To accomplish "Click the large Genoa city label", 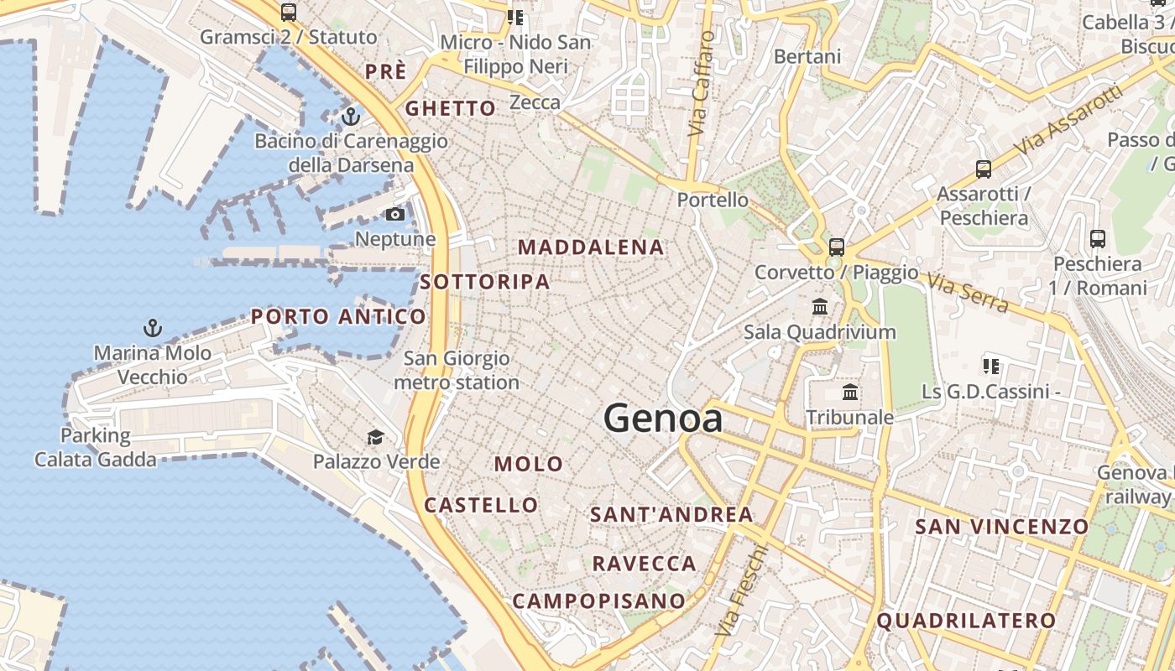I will click(662, 418).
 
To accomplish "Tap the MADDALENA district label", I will click(591, 247).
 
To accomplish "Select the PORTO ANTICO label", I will click(338, 316).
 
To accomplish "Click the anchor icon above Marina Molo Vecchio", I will click(153, 327).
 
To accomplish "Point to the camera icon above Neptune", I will click(395, 214).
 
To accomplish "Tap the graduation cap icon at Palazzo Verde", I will click(375, 437).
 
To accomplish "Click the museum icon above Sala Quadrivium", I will click(820, 307).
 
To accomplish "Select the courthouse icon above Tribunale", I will click(850, 392).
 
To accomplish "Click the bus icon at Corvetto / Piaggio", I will click(836, 247).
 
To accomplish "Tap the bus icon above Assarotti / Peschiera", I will click(983, 169).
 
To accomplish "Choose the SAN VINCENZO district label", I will click(1001, 527).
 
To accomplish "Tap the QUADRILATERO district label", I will click(966, 621).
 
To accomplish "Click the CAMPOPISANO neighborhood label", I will click(598, 601).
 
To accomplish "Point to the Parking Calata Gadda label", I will click(95, 448).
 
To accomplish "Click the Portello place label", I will click(713, 200).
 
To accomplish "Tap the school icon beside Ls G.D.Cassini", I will click(991, 366).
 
